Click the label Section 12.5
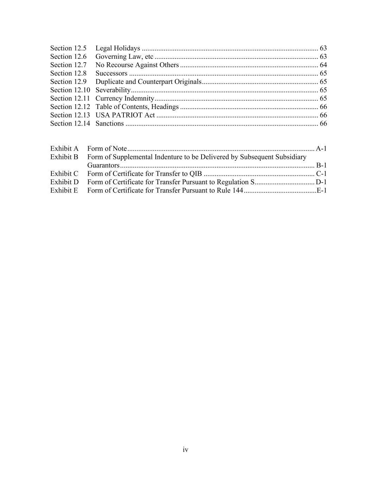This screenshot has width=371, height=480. pos(68,48)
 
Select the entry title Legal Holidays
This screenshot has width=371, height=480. pos(117,48)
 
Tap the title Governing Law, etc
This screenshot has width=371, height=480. pos(124,57)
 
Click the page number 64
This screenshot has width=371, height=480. pos(323,65)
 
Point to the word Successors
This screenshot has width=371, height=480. pos(111,73)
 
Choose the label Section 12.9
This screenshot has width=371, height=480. pos(68,82)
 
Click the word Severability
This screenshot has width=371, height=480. pos(113,90)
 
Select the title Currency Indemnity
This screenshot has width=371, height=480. pos(124,98)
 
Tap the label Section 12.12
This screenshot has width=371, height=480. pos(70,107)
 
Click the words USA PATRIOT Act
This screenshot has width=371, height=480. pos(125,115)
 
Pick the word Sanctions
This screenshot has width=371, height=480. pos(109,124)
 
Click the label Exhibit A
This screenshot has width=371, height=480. pos(64,149)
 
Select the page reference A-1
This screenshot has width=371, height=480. pos(321,149)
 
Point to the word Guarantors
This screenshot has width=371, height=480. pos(103,165)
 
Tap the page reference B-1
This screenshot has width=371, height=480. pos(321,165)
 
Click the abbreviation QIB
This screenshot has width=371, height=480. pos(196,174)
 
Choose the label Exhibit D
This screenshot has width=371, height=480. pos(64,182)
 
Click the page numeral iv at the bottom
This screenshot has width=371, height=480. pos(185,450)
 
